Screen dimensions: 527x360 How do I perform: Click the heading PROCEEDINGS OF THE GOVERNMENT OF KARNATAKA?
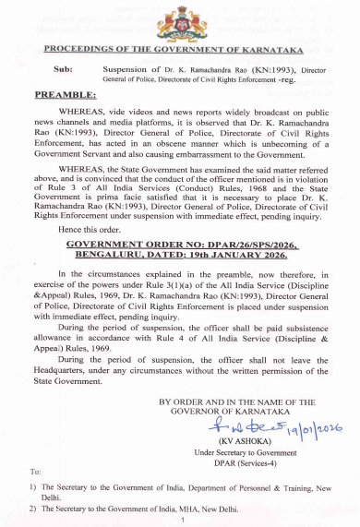(179, 48)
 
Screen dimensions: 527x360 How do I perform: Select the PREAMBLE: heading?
(66, 95)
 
